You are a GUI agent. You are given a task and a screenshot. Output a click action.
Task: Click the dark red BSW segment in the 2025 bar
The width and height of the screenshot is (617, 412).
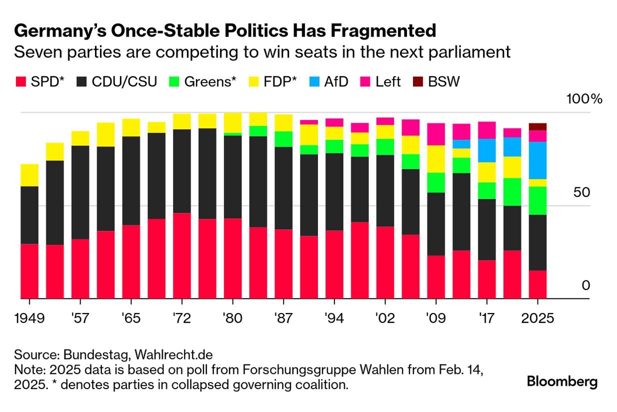tap(537, 126)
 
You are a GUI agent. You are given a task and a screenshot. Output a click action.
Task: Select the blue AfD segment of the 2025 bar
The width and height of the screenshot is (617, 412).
tap(537, 160)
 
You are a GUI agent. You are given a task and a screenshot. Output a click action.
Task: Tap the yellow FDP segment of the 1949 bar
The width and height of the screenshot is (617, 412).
tap(29, 175)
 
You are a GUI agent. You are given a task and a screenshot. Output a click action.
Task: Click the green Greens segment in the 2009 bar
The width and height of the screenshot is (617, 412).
tap(436, 182)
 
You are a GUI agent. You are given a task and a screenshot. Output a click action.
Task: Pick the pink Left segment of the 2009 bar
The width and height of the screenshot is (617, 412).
tap(436, 134)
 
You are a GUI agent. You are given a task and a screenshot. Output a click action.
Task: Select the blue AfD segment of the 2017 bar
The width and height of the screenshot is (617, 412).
tap(487, 150)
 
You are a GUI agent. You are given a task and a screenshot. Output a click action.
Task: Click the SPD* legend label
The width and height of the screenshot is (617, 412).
tap(47, 81)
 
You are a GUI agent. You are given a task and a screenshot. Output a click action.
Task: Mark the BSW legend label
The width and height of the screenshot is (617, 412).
tap(443, 81)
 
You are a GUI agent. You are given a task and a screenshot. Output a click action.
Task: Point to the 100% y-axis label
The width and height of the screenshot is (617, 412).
tap(584, 98)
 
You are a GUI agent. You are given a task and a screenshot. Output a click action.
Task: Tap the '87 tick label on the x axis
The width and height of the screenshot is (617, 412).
tap(283, 318)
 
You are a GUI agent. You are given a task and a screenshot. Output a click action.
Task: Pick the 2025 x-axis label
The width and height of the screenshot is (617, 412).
tap(537, 318)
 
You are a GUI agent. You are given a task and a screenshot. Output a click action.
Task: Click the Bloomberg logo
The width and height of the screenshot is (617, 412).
tap(562, 382)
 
